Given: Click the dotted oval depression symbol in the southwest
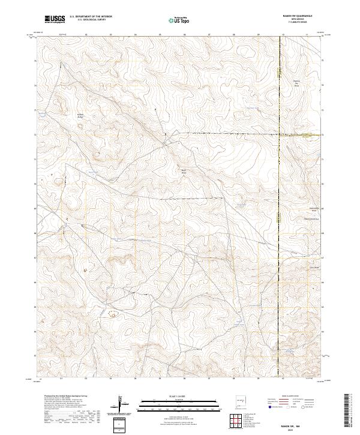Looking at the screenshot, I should point(112,313).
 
